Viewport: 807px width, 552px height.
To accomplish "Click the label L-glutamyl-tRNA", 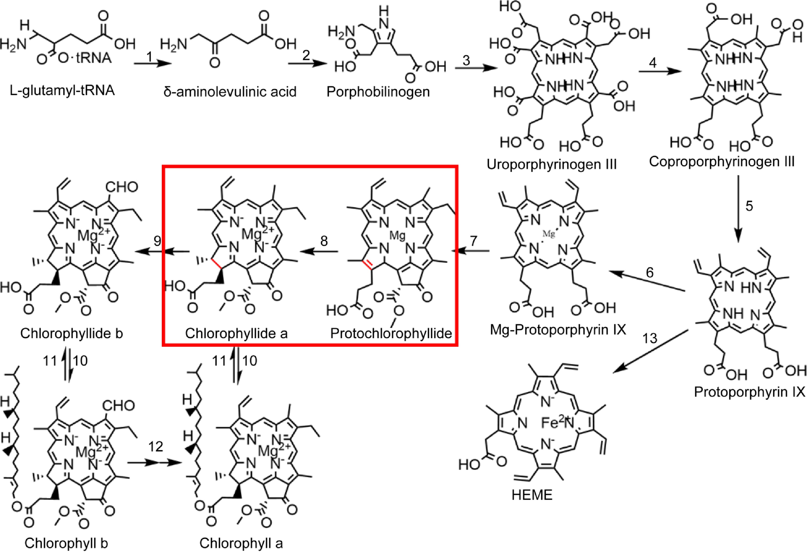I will point(62,91).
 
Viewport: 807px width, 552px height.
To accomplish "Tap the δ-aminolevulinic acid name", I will point(230,92).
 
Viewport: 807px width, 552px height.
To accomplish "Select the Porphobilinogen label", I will point(378,92).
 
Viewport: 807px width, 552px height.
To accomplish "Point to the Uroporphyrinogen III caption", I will point(552,164).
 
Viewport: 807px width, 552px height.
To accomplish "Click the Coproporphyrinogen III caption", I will point(722,161).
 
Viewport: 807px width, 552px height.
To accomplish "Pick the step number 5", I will point(749,206).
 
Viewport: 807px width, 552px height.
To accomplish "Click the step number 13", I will point(649,338).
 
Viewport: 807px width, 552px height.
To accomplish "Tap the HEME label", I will point(532,495).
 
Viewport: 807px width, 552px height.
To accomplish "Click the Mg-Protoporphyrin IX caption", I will point(558,330).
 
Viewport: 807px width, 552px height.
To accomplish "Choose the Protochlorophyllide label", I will point(391,334).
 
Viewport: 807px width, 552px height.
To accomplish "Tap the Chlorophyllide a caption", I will point(236,334).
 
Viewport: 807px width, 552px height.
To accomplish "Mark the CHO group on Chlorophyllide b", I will point(122,187).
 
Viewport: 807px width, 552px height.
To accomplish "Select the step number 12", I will point(155,446).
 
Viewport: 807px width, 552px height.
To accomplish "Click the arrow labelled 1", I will point(153,63).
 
